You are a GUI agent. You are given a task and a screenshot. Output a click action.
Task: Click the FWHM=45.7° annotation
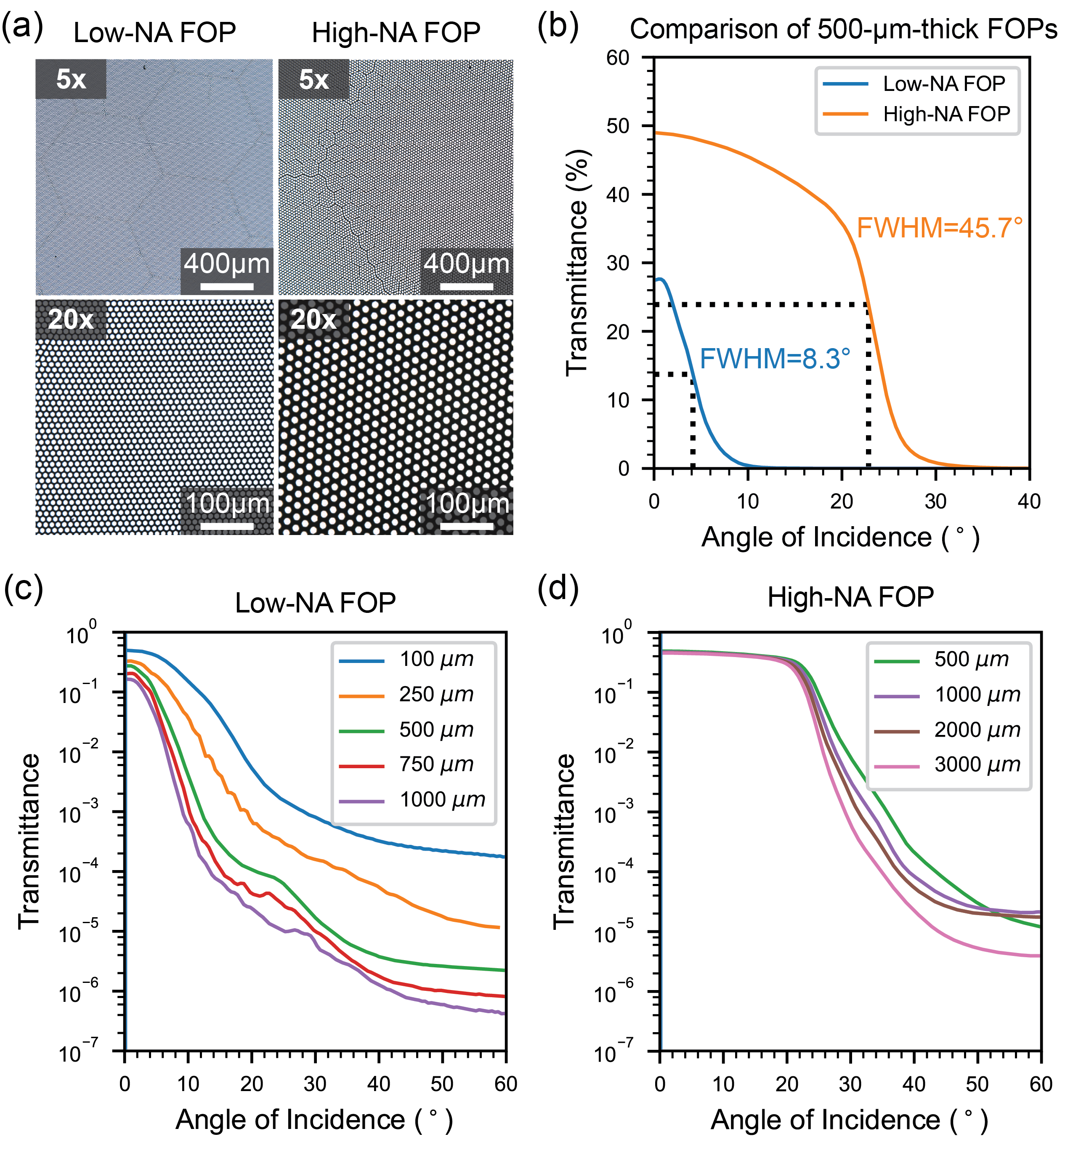(940, 228)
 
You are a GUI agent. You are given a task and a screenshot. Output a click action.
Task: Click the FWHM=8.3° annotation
(775, 359)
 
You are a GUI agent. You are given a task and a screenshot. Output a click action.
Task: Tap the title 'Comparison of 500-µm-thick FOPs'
(844, 29)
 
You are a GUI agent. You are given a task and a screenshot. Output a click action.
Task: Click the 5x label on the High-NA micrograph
(314, 79)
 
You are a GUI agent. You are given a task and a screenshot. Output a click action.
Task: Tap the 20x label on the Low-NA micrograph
(71, 319)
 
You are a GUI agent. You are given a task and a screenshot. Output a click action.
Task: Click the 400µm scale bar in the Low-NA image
(227, 286)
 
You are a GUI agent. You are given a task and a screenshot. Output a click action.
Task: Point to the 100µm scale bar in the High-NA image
(467, 526)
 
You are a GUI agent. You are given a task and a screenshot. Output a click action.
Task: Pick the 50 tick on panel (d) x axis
(977, 1083)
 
